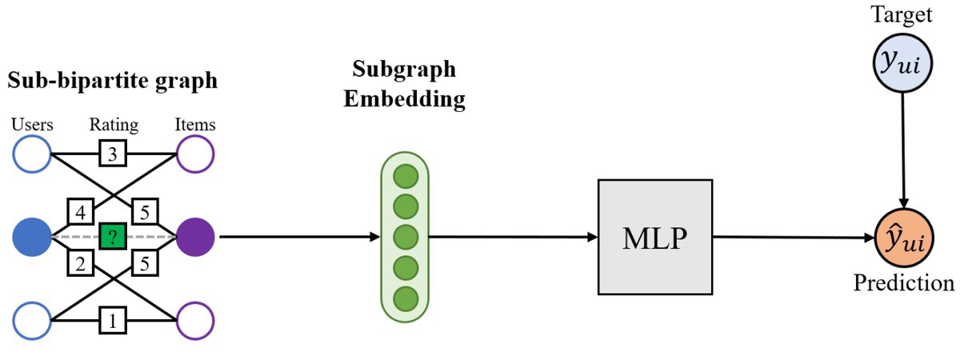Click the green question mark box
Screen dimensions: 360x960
click(113, 237)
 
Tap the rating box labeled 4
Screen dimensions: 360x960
click(80, 214)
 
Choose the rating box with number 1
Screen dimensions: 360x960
click(113, 322)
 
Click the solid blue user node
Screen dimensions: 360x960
click(33, 238)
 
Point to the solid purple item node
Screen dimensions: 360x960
click(194, 238)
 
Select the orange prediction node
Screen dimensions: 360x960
click(903, 238)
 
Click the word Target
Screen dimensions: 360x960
click(903, 15)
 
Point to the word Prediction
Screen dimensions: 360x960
click(903, 284)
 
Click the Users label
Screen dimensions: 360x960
click(33, 125)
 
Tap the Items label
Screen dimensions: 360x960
click(196, 125)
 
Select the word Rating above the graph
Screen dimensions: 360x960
click(114, 125)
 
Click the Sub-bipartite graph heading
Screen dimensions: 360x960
click(113, 81)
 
